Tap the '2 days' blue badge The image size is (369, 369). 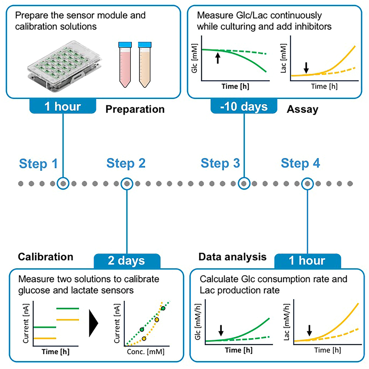[127, 260]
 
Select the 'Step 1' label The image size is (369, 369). [39, 163]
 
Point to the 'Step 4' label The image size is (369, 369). [300, 163]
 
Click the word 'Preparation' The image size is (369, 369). [134, 109]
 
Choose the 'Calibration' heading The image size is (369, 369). [46, 257]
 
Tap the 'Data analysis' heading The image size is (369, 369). [233, 257]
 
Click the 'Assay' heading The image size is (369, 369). [302, 109]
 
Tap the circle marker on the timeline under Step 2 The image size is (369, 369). [127, 183]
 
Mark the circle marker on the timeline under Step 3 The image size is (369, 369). [244, 183]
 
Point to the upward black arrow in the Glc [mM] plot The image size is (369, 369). [218, 58]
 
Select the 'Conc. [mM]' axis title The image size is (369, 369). [145, 350]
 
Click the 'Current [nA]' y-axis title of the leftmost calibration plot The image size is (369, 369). [26, 323]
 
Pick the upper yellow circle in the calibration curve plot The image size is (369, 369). [157, 319]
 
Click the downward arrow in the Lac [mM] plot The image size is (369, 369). [306, 67]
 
